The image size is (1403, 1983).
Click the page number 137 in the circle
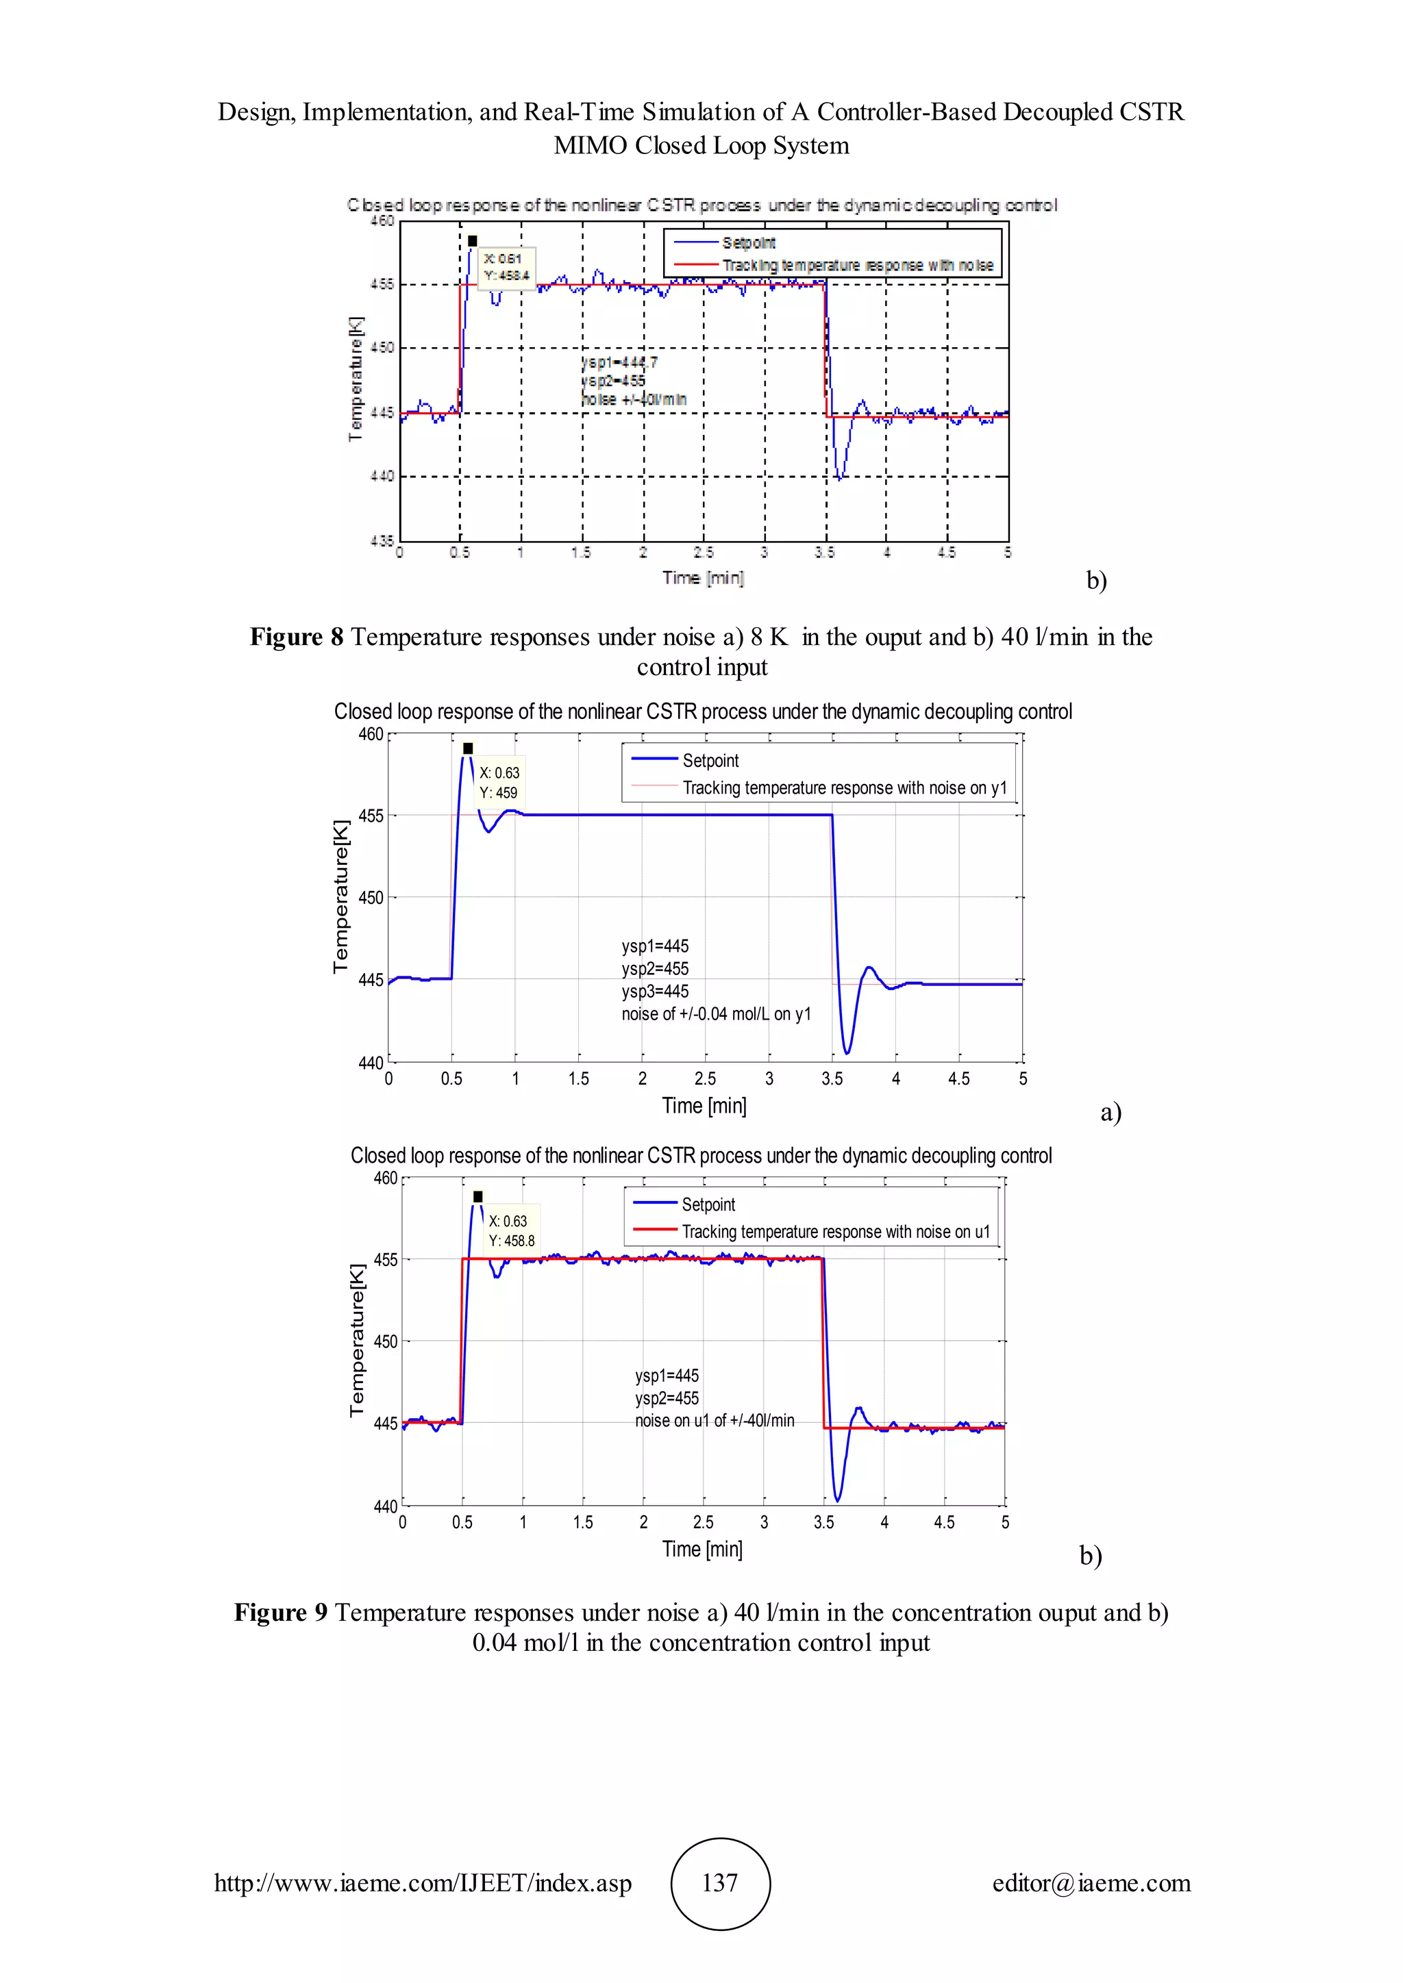click(x=719, y=1883)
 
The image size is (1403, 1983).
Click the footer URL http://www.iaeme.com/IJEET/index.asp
click(x=423, y=1883)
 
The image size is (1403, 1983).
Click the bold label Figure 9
click(x=280, y=1613)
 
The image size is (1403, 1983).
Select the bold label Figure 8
click(x=297, y=637)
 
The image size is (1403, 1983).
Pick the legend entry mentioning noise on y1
click(x=844, y=787)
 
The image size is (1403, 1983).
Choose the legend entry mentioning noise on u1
click(x=835, y=1232)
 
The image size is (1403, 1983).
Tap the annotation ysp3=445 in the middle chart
click(x=655, y=991)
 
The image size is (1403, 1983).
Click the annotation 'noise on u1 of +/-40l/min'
click(x=715, y=1421)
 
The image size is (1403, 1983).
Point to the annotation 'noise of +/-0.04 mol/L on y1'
click(x=716, y=1014)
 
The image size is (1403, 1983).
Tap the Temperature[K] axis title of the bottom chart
click(x=357, y=1341)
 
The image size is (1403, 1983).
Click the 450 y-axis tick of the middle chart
click(x=371, y=898)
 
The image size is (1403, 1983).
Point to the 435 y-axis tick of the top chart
click(x=382, y=541)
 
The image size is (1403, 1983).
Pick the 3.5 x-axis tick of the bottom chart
click(x=823, y=1521)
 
